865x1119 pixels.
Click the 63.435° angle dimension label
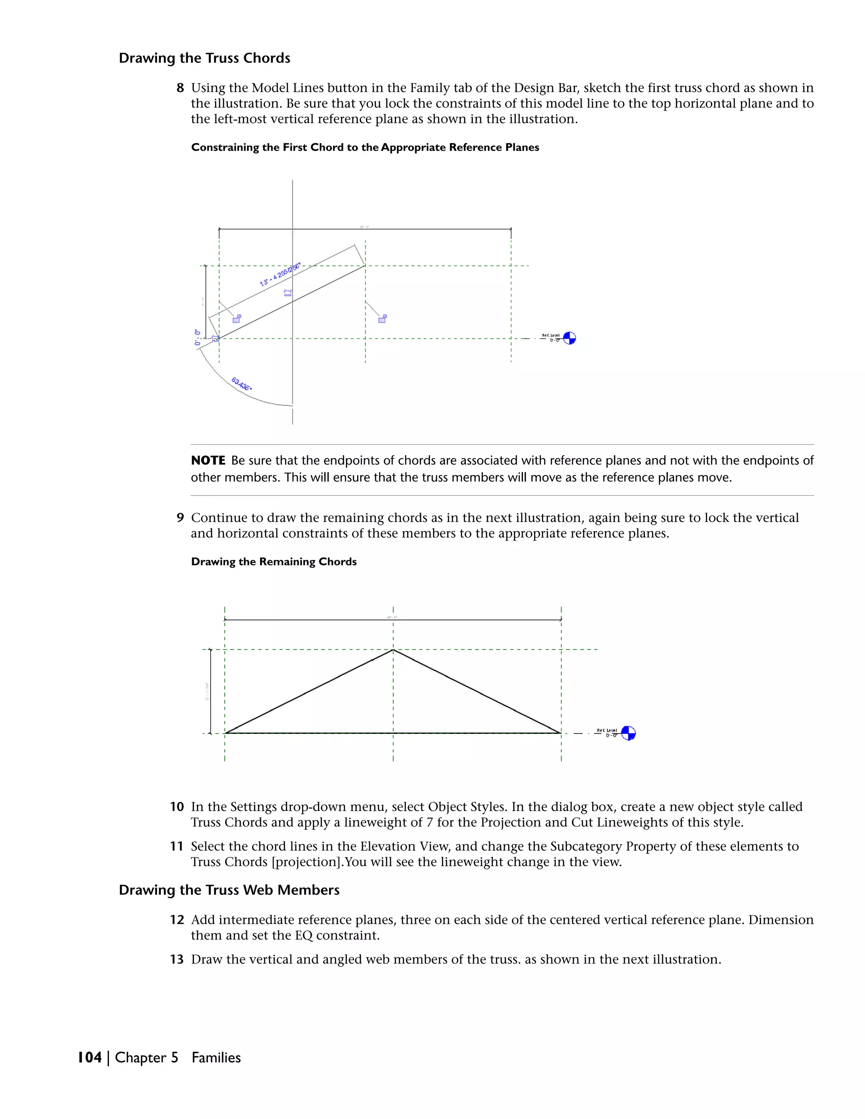tap(241, 384)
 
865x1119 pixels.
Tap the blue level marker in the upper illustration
tap(569, 338)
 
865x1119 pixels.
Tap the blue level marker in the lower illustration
tap(628, 733)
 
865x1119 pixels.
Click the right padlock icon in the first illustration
tap(382, 319)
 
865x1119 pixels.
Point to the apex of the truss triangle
tap(393, 650)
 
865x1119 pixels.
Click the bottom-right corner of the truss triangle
tap(560, 733)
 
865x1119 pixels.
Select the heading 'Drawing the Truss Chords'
tap(204, 58)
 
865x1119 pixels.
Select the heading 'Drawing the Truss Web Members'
tap(229, 890)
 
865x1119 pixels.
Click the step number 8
tap(180, 88)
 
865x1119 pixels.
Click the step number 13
tap(177, 960)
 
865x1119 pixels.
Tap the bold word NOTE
tap(208, 461)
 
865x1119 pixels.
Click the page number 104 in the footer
tap(90, 1057)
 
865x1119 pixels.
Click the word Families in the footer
tap(216, 1057)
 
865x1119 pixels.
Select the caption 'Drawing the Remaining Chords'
tap(274, 562)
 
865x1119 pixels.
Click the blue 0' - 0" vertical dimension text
tap(198, 337)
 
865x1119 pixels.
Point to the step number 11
tap(177, 846)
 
